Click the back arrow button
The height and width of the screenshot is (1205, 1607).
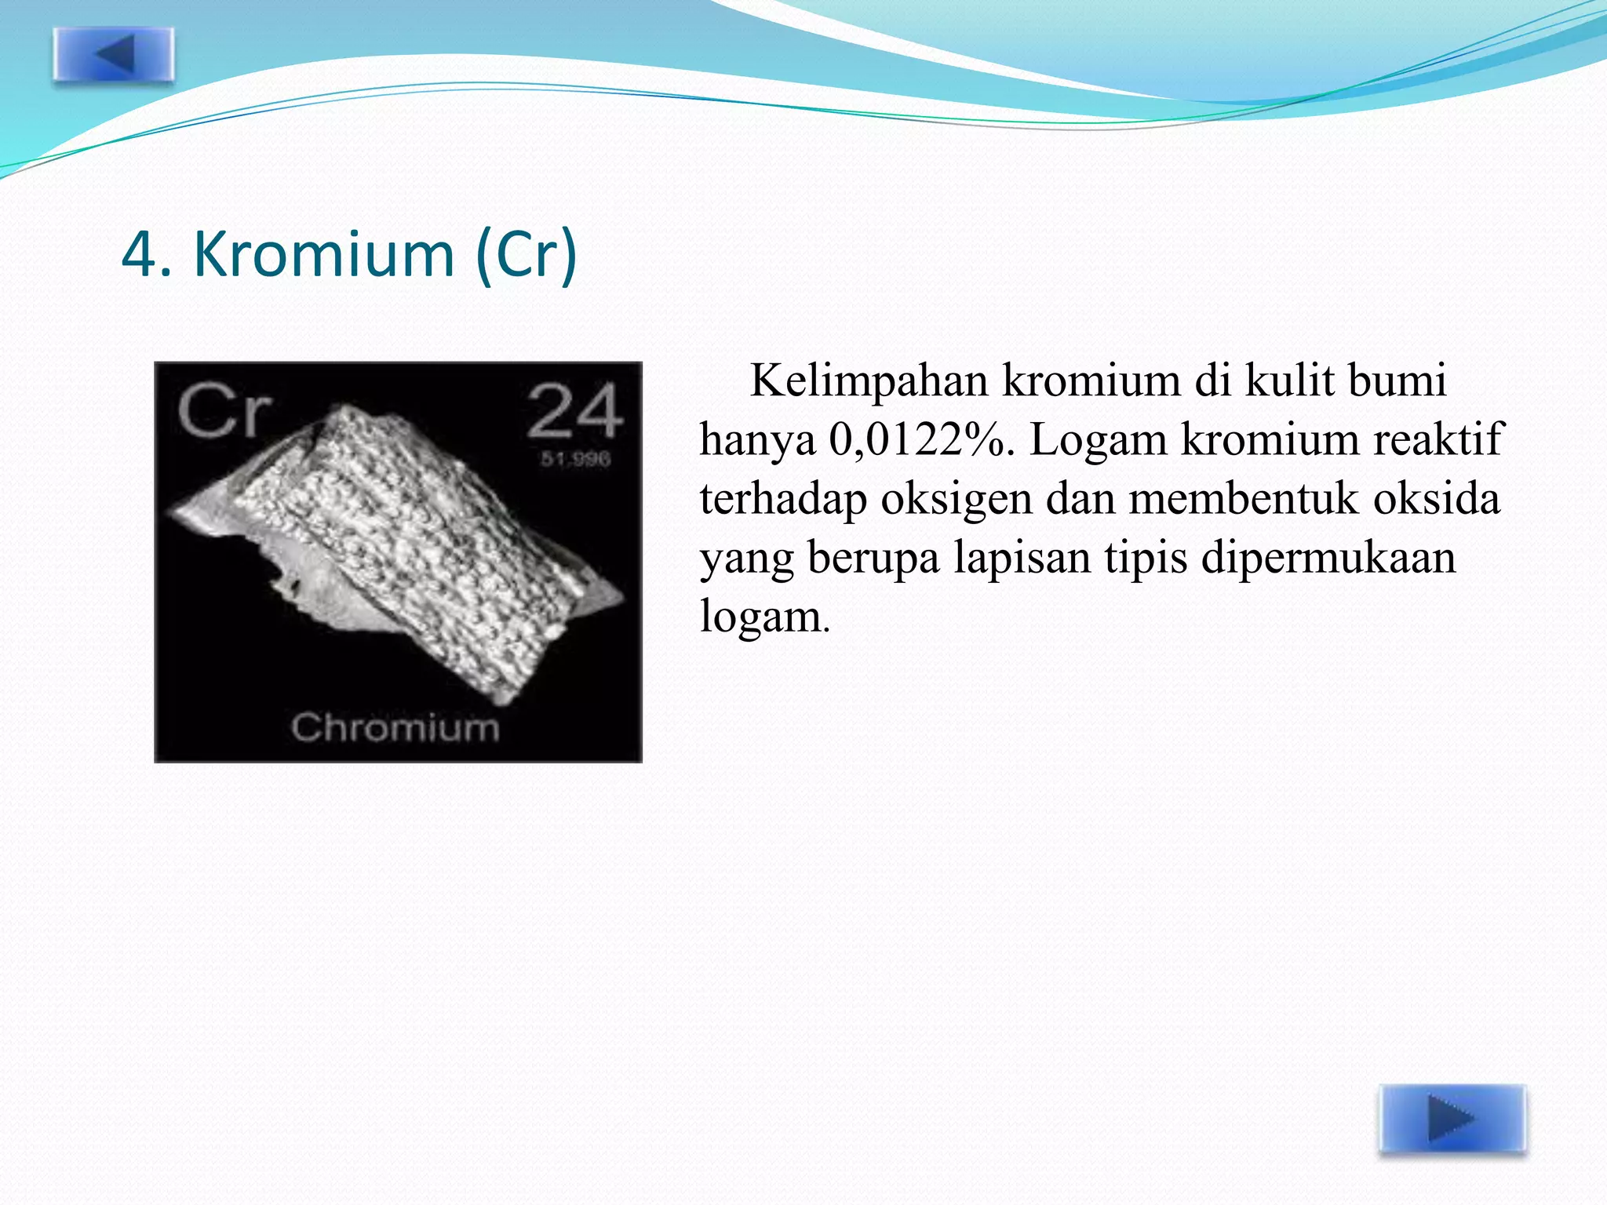(114, 55)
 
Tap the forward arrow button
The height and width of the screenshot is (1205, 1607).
(1452, 1119)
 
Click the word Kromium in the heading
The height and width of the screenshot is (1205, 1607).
(323, 254)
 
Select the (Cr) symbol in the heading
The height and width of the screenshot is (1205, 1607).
(527, 254)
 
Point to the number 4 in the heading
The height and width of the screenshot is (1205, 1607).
(140, 254)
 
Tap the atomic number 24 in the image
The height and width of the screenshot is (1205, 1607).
(574, 411)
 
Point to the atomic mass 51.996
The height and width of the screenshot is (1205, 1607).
(575, 459)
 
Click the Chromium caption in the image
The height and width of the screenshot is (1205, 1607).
(395, 727)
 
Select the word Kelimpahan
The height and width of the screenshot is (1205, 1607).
(869, 382)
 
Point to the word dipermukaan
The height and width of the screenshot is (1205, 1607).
(1328, 559)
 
